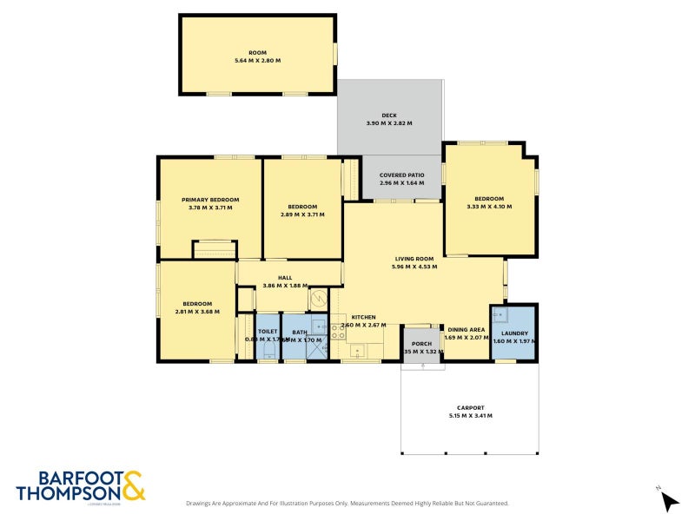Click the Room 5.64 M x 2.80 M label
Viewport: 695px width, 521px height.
point(257,56)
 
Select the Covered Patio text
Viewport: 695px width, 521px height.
point(401,180)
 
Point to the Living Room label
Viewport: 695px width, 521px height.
point(414,263)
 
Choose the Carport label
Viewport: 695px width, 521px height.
point(470,412)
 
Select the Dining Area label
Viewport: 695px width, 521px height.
point(465,333)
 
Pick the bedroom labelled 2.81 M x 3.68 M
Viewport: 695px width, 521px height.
point(197,307)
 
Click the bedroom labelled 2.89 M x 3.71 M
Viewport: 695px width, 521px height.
point(301,211)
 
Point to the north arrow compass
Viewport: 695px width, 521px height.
point(669,500)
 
